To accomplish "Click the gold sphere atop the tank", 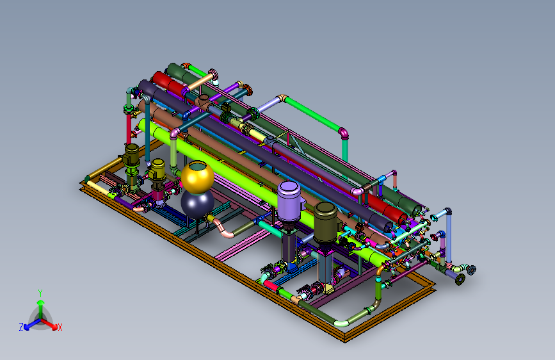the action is pos(198,177).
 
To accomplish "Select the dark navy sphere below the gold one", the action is pos(197,204).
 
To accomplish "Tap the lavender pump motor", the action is pos(289,201).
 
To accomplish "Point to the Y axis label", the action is pos(40,293).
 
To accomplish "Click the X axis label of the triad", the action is pos(60,328).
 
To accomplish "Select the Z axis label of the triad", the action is pos(21,327).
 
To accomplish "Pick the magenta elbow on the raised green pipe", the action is pos(344,134).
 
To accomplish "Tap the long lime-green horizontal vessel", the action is pos(262,193).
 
